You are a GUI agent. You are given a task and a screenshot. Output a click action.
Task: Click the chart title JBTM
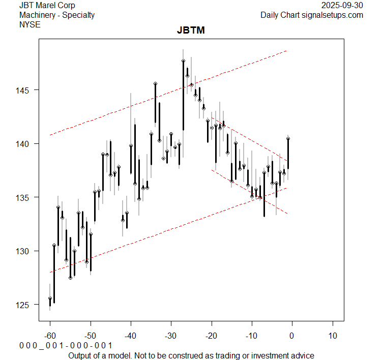point(191,30)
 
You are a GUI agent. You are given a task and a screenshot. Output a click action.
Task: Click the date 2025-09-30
point(342,5)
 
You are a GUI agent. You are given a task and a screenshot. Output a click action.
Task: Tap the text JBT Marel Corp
point(47,5)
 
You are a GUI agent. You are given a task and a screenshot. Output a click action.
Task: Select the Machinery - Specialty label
point(56,15)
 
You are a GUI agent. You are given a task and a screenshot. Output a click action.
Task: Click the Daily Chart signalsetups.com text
point(312,15)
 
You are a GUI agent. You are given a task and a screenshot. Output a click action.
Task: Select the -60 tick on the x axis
point(50,337)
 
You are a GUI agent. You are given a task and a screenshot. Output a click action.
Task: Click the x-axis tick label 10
point(332,337)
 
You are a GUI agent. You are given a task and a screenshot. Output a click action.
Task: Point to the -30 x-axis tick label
point(171,337)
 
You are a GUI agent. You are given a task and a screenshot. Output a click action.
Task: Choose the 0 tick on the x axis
point(292,337)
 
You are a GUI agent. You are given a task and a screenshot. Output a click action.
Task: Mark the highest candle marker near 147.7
point(183,61)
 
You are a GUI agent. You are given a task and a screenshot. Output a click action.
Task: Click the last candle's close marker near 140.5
point(288,138)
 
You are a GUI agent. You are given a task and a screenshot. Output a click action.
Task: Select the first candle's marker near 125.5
point(50,298)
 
